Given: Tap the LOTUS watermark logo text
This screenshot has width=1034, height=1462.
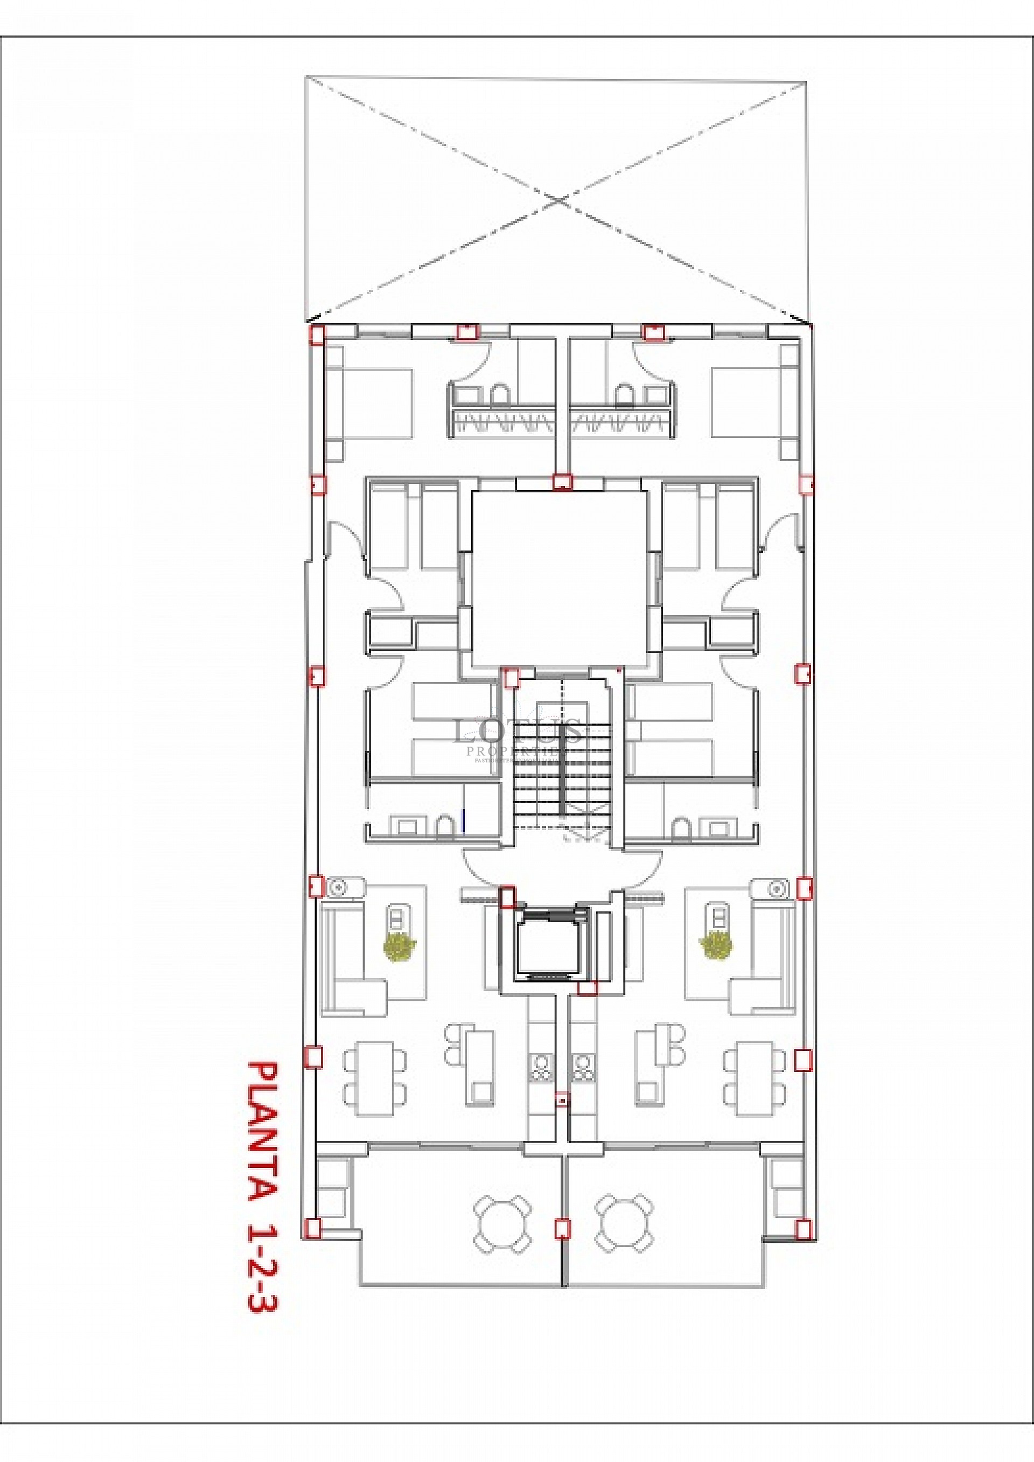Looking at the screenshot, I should click(517, 732).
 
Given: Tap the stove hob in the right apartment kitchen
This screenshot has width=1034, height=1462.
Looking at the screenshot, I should click(582, 1067).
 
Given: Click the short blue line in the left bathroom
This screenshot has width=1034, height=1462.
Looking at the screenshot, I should click(464, 820).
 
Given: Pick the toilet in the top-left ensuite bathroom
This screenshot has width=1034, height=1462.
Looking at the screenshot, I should click(499, 394).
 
